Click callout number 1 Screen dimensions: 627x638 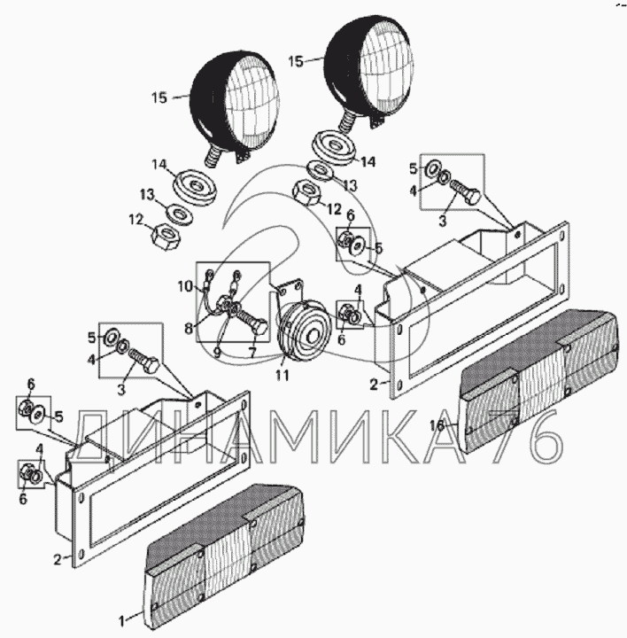pyautogui.click(x=121, y=621)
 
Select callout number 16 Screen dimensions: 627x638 pyautogui.click(x=437, y=425)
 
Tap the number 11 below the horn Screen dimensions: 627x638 pyautogui.click(x=283, y=375)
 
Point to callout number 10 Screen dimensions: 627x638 pyautogui.click(x=185, y=286)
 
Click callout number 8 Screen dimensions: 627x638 pyautogui.click(x=189, y=328)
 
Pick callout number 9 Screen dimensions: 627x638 pyautogui.click(x=217, y=353)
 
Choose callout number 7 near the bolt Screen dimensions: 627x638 pyautogui.click(x=252, y=353)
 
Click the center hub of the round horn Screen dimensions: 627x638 pyautogui.click(x=313, y=336)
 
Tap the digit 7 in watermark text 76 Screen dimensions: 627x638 pyautogui.click(x=507, y=437)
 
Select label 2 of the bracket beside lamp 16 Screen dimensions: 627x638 pyautogui.click(x=374, y=384)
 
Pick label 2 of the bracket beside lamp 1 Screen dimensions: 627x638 pyautogui.click(x=58, y=559)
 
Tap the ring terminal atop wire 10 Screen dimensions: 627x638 pyautogui.click(x=209, y=274)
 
